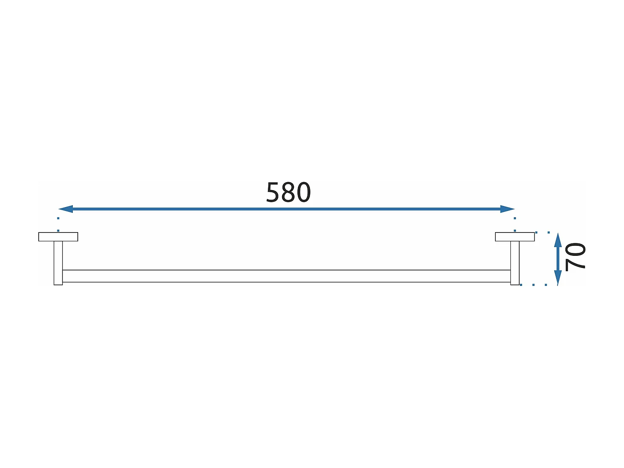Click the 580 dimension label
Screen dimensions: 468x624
[x=288, y=193]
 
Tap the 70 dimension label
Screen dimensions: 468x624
[x=575, y=256]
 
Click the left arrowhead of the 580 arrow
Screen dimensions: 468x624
[x=66, y=209]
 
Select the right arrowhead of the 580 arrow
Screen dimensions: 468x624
[x=508, y=209]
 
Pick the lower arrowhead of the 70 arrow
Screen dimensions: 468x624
[x=558, y=278]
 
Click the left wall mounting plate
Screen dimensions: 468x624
[x=58, y=237]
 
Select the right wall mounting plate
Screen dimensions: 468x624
[x=515, y=237]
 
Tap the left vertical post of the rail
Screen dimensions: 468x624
[x=58, y=262]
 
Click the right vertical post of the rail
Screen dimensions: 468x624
[x=515, y=262]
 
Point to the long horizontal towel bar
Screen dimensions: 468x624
[x=286, y=276]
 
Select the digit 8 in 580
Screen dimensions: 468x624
[x=288, y=193]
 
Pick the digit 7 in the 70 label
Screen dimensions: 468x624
[x=575, y=264]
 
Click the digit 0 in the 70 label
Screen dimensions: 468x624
[x=575, y=250]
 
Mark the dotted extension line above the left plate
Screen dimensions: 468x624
[x=58, y=224]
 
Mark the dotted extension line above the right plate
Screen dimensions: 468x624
[x=515, y=224]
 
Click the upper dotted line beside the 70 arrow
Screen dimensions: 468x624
[x=542, y=232]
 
